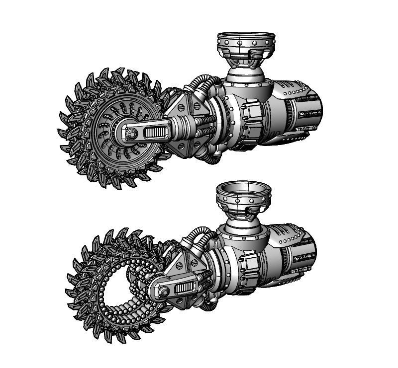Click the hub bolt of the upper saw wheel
[132, 134]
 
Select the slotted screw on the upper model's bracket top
[197, 105]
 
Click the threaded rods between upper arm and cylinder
[206, 127]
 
